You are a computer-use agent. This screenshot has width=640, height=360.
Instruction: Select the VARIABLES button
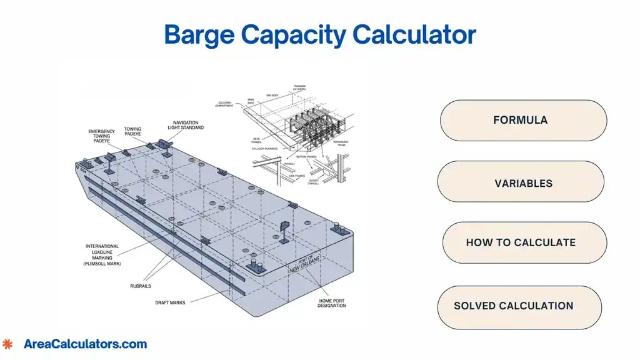[x=523, y=184]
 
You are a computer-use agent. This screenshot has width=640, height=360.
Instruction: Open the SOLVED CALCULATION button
[x=514, y=306]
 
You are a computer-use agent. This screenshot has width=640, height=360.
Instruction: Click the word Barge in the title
[x=199, y=35]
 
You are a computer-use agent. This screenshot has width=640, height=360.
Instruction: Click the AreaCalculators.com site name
[x=85, y=344]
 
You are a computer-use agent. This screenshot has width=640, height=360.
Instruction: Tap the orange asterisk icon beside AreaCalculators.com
[x=7, y=344]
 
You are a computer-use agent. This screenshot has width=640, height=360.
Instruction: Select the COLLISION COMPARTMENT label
[x=226, y=104]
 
